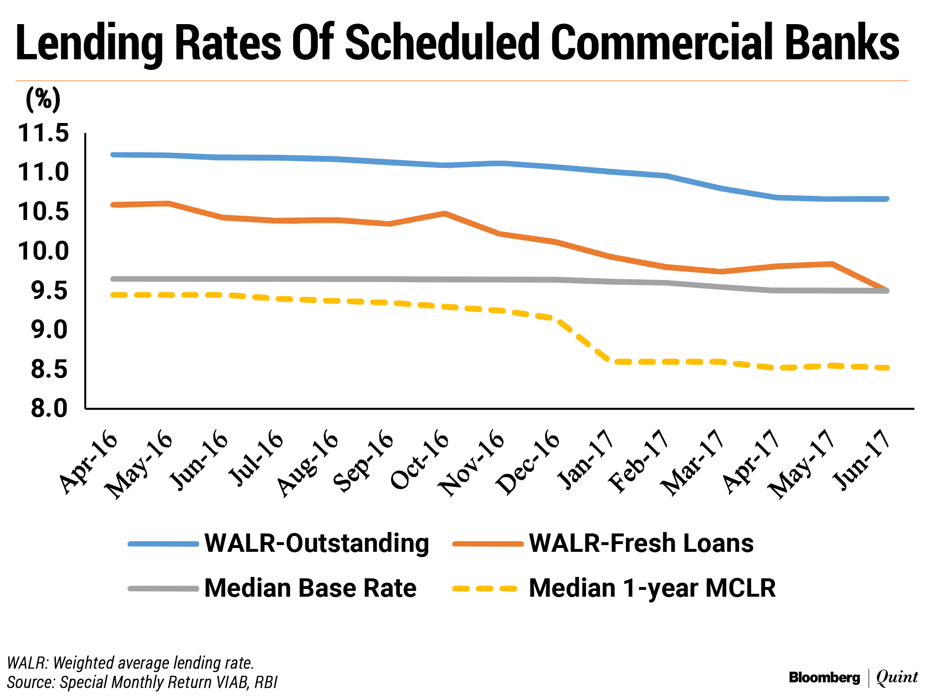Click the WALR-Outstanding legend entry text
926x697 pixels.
[316, 543]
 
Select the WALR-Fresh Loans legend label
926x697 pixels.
[641, 543]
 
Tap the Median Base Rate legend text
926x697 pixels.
[310, 588]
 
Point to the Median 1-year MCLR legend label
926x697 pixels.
[652, 588]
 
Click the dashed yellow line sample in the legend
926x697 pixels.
[485, 588]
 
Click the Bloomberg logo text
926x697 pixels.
[824, 678]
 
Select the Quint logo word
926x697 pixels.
[897, 677]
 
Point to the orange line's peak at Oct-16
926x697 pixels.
[445, 213]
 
